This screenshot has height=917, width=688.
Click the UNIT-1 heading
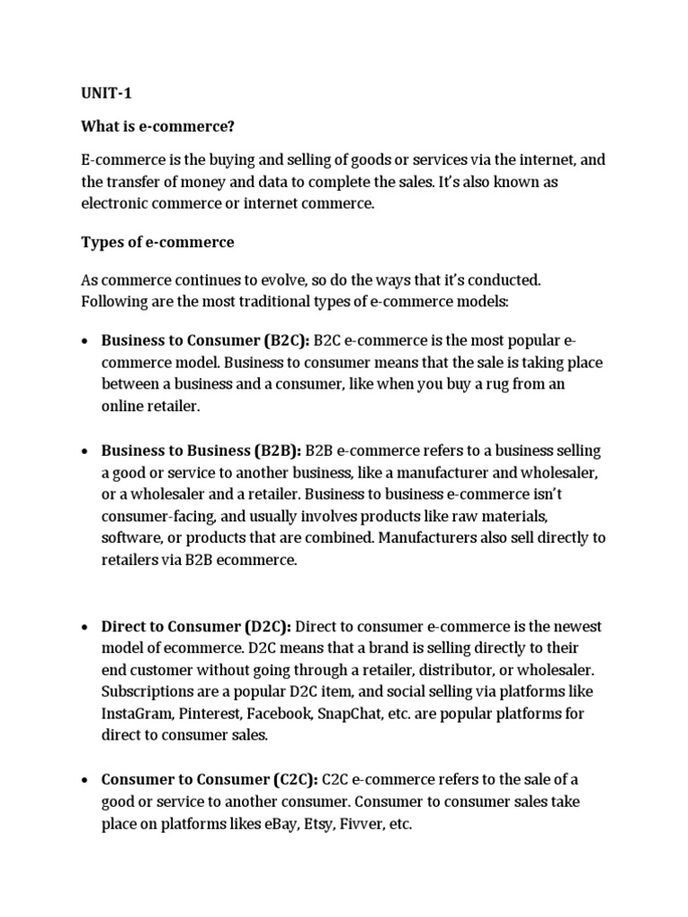106,92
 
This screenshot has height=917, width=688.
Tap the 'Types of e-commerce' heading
158,242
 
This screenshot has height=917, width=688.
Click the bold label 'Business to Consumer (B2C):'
205,340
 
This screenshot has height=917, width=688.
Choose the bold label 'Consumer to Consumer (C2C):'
210,780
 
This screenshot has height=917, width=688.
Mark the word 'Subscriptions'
148,692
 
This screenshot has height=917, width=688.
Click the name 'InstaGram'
136,714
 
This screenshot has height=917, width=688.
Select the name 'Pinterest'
211,714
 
